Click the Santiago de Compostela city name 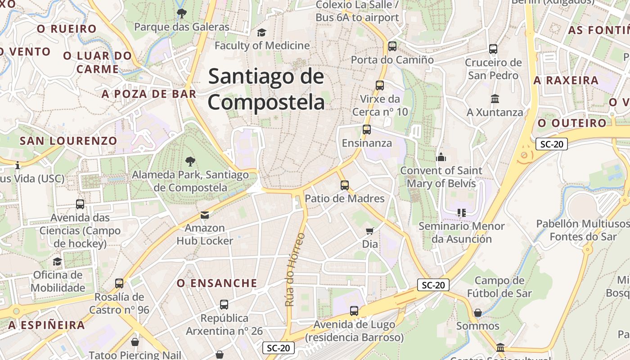[266, 89]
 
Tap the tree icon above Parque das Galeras [181, 13]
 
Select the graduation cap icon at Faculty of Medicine [261, 32]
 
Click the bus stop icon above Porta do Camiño [392, 46]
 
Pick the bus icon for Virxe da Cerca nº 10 [380, 85]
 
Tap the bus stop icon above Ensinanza [367, 130]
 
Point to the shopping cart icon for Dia [370, 231]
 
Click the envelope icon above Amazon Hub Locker [205, 215]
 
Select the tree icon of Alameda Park [190, 161]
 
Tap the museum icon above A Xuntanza [495, 99]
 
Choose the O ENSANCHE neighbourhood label [217, 283]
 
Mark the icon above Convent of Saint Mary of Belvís [441, 157]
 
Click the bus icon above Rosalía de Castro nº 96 [119, 283]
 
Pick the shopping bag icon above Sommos [478, 312]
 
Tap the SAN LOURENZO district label [68, 141]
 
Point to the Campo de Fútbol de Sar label [499, 287]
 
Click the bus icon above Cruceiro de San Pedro [493, 49]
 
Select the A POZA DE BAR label [149, 94]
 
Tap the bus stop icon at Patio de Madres [345, 185]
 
